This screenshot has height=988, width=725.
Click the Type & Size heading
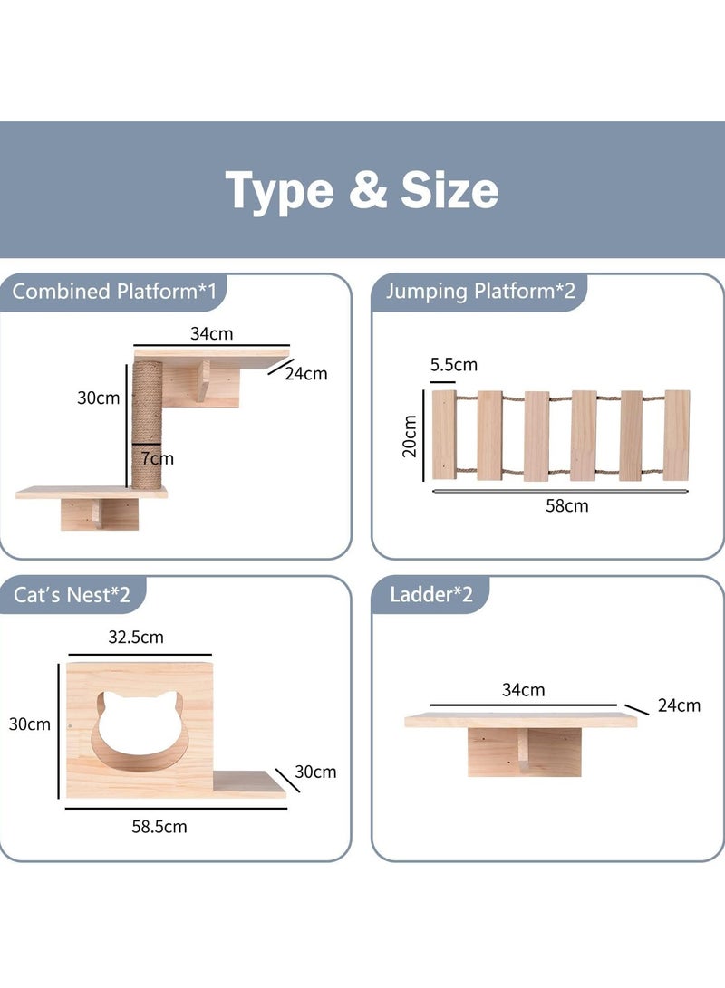pos(362,190)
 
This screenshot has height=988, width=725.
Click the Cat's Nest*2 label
pos(72,595)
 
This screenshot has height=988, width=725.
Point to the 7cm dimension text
pos(156,458)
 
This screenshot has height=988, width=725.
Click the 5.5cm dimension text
pos(452,366)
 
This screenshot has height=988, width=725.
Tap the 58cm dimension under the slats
pos(565,506)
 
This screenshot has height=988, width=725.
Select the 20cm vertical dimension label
pos(411,436)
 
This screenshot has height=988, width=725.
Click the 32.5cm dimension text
pos(136,637)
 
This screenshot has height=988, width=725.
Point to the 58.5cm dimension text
pos(159,826)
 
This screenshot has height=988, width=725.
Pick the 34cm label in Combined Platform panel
pos(211,334)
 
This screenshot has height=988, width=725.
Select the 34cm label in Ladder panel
pos(524,690)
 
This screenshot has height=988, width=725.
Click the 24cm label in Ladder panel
pos(679,705)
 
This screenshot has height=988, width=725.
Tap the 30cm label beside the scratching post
pos(98,398)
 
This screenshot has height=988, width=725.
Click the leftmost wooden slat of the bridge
pos(445,435)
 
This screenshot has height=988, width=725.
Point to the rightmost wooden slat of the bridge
pos(676,435)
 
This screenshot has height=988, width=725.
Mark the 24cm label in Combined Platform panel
pos(305,372)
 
